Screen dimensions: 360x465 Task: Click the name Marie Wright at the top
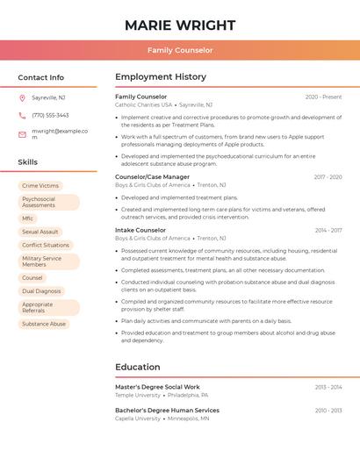coord(180,25)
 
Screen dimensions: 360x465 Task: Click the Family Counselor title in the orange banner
coord(180,51)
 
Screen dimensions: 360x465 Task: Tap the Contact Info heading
coord(41,77)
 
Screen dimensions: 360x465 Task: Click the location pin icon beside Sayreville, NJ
coord(22,98)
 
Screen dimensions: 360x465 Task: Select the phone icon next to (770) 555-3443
coord(22,116)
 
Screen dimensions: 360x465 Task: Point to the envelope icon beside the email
coord(22,134)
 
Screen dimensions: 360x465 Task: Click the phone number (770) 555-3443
coord(50,116)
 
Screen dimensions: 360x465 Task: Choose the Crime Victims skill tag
coord(40,186)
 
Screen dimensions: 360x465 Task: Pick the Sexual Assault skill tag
coord(40,232)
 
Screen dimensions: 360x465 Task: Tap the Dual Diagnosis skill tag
coord(41,290)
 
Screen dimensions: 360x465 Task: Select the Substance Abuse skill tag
coord(44,324)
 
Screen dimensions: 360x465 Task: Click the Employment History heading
coord(161,77)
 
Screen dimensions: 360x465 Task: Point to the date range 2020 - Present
coord(323,97)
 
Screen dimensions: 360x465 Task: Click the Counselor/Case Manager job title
coord(152,177)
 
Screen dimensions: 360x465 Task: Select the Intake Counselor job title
coord(140,231)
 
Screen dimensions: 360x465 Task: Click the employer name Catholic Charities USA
coord(143,104)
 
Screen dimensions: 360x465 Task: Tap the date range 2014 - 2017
coord(328,231)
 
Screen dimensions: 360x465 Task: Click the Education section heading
coord(139,367)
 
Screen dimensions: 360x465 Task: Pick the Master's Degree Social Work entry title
coord(157,387)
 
